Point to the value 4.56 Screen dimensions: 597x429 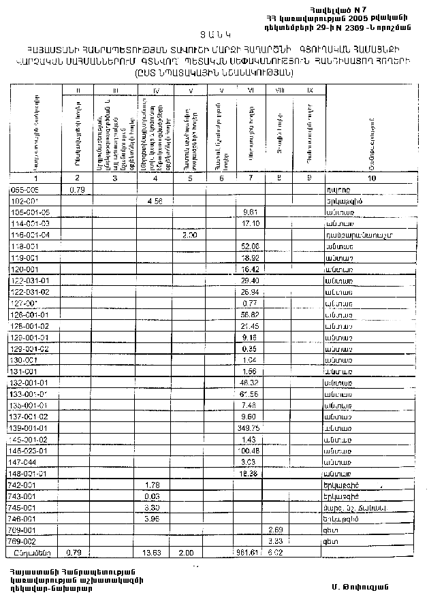pos(156,201)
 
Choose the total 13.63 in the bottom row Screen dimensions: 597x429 pos(156,552)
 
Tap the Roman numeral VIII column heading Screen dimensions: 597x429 pos(276,90)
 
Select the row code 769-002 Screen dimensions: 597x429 pos(24,540)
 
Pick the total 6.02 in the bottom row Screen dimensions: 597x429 pos(275,552)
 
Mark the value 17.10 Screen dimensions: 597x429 pos(249,223)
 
